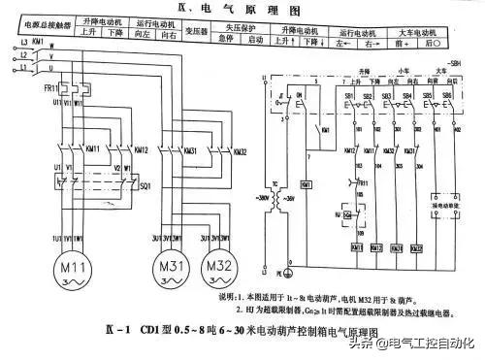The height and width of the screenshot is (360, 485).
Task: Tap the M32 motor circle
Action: (x=218, y=269)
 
